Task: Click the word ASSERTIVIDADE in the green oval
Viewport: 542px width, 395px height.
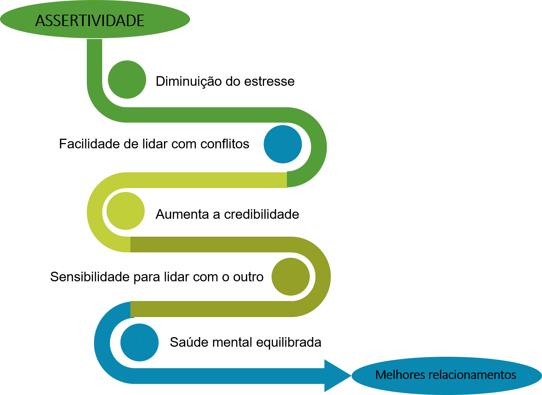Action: click(x=90, y=21)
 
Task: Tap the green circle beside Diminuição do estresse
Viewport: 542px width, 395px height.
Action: click(x=127, y=79)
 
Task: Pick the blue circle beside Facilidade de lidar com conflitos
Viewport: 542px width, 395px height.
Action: click(x=283, y=144)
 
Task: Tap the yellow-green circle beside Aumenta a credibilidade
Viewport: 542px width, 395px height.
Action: click(x=125, y=211)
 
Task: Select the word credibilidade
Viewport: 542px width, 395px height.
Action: click(x=262, y=214)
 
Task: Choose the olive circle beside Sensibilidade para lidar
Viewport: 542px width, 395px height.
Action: click(x=290, y=277)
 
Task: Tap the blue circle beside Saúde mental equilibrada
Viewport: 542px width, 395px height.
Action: click(x=139, y=342)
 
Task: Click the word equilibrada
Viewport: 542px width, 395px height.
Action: click(x=289, y=342)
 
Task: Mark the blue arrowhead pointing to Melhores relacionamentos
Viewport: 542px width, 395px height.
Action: click(x=336, y=375)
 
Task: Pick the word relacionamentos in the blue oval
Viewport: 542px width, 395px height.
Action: click(x=472, y=375)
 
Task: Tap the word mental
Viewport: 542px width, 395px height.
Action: click(x=232, y=342)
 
